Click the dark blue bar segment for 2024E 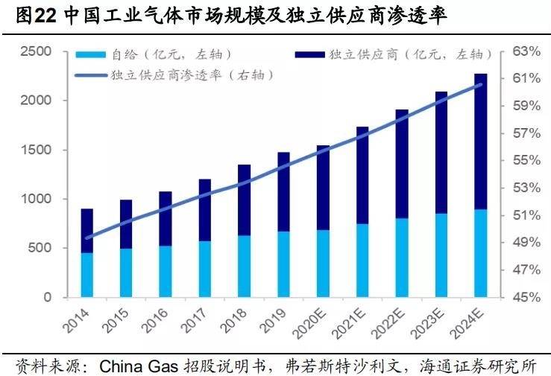[481, 141]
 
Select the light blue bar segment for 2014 [87, 275]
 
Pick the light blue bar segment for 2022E [402, 258]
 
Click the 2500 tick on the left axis [35, 51]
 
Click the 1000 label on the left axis [35, 199]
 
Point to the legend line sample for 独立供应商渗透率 [91, 74]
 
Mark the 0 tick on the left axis [47, 298]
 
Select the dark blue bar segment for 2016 [166, 218]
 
